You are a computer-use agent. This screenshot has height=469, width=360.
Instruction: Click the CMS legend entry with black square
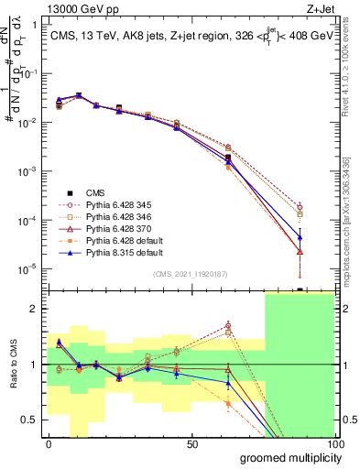94,192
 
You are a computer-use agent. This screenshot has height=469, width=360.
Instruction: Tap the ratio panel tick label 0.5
32,420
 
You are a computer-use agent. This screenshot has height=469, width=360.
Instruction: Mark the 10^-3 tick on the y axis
29,171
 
